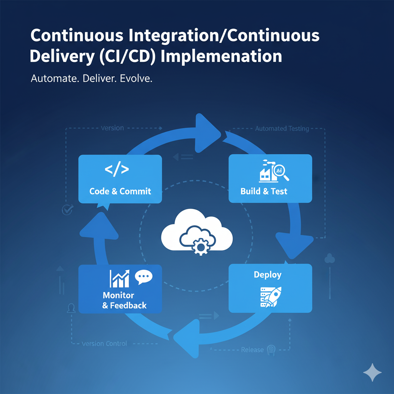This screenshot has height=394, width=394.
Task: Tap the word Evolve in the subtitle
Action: pos(136,79)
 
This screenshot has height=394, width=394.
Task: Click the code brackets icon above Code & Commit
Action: pos(117,170)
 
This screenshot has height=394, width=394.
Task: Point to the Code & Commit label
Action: pos(120,191)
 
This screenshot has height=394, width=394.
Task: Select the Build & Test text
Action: pos(264,191)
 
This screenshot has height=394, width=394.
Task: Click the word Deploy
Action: pos(267,275)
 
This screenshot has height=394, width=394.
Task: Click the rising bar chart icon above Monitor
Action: pos(119,278)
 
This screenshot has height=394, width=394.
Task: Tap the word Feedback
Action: pos(129,306)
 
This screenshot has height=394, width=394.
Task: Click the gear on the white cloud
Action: pos(200,245)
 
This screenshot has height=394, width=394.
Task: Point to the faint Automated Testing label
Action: pos(282,129)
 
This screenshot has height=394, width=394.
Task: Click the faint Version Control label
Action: pos(104,343)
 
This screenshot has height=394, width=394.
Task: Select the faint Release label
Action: pos(252,350)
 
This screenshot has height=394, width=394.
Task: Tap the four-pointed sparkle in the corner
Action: pos(372,372)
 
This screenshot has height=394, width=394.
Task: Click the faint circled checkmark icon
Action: pos(67,210)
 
